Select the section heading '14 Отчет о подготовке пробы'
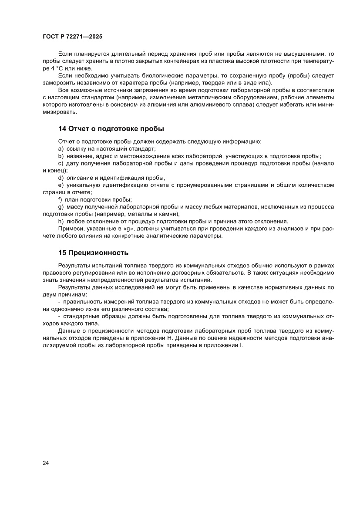pos(111,128)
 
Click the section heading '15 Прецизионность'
pos(93,253)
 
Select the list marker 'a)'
pos(61,149)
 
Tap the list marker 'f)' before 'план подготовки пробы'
pos(61,200)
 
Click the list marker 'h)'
pos(61,221)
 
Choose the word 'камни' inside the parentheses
pos(167,214)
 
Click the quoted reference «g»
pos(115,229)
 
